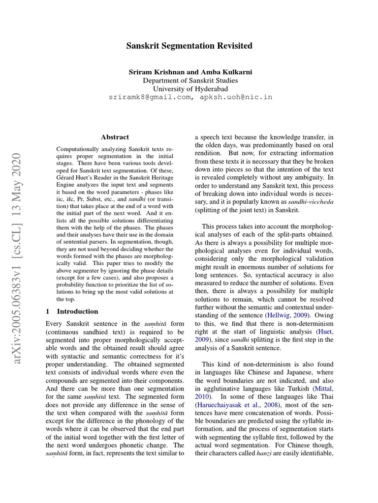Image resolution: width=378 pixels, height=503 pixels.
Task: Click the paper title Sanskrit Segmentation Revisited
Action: point(189,46)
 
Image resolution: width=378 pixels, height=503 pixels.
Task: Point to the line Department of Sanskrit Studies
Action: point(190,80)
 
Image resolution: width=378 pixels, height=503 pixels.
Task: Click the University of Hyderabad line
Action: point(190,88)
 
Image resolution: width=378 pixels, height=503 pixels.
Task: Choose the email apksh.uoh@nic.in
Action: point(236,97)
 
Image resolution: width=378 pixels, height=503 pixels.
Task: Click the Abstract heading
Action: point(115,137)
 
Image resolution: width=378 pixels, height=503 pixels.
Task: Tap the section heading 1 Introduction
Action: point(72,311)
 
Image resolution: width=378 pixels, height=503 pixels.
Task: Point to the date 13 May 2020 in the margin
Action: point(17,183)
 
